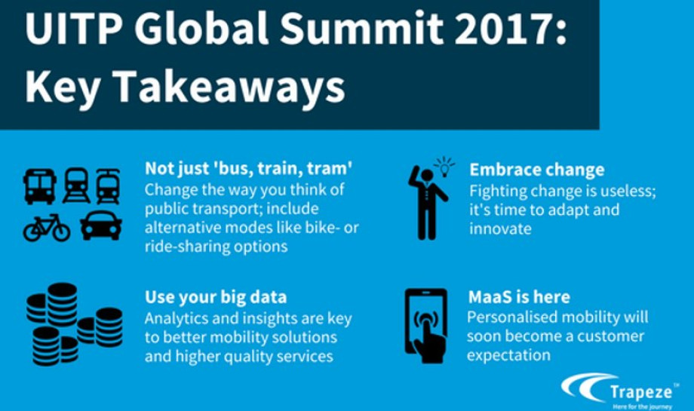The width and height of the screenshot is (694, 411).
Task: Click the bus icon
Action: (x=40, y=186)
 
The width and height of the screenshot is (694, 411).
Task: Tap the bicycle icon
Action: (x=47, y=228)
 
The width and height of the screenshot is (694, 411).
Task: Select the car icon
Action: (x=101, y=225)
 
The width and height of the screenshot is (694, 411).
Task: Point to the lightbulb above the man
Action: (x=444, y=167)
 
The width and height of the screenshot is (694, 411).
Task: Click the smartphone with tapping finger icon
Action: (x=425, y=326)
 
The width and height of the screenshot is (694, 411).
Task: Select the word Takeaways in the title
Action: (x=230, y=87)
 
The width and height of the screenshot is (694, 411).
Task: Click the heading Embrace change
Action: (x=537, y=170)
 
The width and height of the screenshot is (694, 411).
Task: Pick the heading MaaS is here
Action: (x=519, y=297)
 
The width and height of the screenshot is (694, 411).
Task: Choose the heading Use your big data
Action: (x=216, y=297)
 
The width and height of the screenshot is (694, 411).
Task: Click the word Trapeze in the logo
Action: (x=641, y=392)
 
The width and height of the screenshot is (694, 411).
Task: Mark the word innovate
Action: (x=501, y=229)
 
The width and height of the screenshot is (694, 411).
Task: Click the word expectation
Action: (x=508, y=355)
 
